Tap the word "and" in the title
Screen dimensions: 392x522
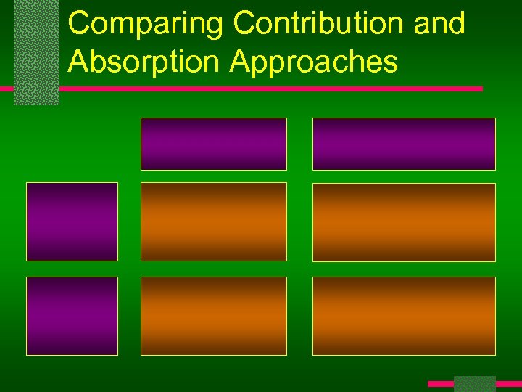(439, 24)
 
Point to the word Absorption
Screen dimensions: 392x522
(144, 62)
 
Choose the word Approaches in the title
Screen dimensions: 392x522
(314, 62)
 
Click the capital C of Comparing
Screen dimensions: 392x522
(80, 24)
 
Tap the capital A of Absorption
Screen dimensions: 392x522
(78, 62)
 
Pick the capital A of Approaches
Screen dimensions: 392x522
(240, 62)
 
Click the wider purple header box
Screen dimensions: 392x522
(404, 144)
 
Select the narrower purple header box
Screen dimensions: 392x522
(214, 144)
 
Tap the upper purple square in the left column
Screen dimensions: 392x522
(72, 221)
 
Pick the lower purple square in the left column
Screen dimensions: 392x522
(72, 316)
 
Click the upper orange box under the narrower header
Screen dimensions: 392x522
(214, 221)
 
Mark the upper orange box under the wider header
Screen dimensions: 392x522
(404, 221)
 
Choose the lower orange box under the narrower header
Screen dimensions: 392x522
(214, 316)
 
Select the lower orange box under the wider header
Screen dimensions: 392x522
(404, 316)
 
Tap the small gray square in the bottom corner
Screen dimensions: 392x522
(474, 383)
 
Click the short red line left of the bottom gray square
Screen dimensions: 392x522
(440, 383)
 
